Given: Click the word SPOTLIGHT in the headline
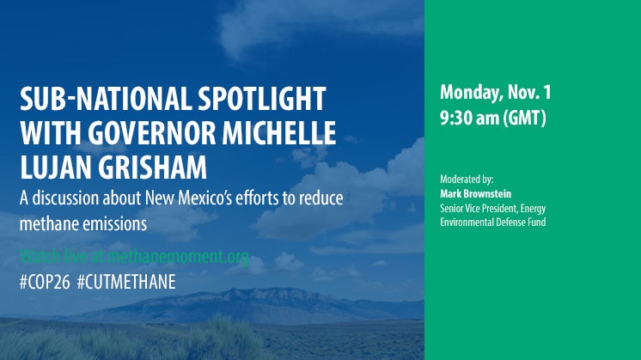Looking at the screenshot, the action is point(262,99).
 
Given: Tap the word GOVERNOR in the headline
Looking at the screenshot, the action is point(152,133).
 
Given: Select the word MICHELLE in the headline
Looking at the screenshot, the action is point(279,133).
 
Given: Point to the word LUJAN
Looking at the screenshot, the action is point(55,168).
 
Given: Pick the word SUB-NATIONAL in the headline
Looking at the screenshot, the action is point(106,99).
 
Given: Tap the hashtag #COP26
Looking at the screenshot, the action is point(45,282).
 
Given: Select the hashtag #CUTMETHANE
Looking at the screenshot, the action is point(126,282).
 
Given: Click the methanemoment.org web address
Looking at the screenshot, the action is point(178,257).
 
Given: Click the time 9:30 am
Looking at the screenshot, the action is point(469,118).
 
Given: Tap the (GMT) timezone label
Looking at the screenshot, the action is point(524,119).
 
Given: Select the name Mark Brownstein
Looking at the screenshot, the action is point(475,193).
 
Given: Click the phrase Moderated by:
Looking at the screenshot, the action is point(467,180).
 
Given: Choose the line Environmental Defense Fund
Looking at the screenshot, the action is point(492,223).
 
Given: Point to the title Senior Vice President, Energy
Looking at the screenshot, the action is point(492,209).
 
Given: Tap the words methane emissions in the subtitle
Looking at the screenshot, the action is point(83,223).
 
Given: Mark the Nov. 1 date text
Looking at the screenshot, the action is point(529,92).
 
